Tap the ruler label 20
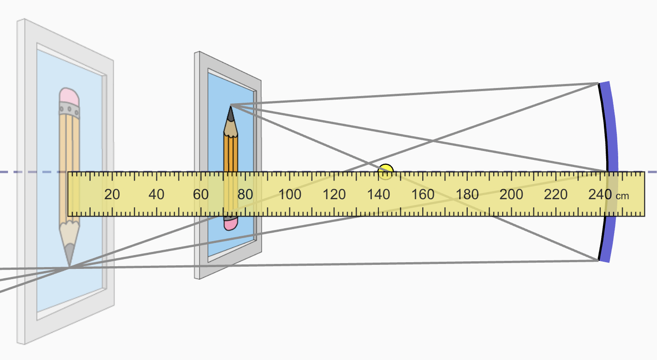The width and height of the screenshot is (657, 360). click(x=112, y=195)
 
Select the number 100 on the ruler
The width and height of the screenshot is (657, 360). click(x=290, y=195)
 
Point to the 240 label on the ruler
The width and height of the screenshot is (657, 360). click(x=600, y=195)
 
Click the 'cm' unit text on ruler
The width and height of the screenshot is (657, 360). click(x=623, y=196)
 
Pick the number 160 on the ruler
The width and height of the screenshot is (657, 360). click(x=423, y=195)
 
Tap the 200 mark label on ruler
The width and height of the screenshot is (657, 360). click(x=511, y=195)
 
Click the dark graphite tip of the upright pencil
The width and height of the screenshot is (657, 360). click(x=230, y=114)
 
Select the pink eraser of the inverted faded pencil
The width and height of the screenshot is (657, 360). click(x=69, y=95)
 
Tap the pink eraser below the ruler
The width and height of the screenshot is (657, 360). click(x=230, y=223)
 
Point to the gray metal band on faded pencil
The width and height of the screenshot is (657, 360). click(x=69, y=109)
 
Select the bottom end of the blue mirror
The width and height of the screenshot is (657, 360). click(x=604, y=259)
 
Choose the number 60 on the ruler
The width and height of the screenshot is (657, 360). click(x=201, y=195)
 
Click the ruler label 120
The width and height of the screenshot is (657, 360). click(x=334, y=195)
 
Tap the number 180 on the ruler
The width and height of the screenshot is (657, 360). click(x=467, y=195)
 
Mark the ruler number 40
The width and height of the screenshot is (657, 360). click(x=156, y=195)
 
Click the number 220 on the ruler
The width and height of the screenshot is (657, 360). click(x=556, y=195)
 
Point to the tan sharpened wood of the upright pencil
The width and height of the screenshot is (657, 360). click(x=231, y=128)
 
